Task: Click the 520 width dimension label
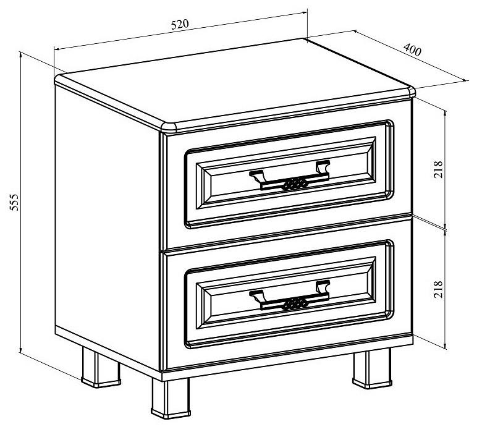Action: pyautogui.click(x=180, y=24)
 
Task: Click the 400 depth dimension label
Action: pyautogui.click(x=412, y=50)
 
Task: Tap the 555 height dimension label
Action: pyautogui.click(x=14, y=202)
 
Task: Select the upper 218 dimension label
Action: pyautogui.click(x=438, y=169)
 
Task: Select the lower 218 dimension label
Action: pyautogui.click(x=438, y=289)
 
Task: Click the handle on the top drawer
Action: pyautogui.click(x=289, y=176)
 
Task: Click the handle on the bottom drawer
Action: pyautogui.click(x=289, y=296)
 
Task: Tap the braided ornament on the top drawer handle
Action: pyautogui.click(x=295, y=184)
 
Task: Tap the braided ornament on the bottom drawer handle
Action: pyautogui.click(x=295, y=304)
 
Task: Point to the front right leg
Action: pyautogui.click(x=372, y=368)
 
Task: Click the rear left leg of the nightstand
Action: pyautogui.click(x=101, y=368)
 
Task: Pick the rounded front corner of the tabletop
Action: pyautogui.click(x=169, y=127)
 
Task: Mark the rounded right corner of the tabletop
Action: pyautogui.click(x=412, y=91)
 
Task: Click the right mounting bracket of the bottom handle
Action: pyautogui.click(x=323, y=287)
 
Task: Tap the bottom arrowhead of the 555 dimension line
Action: pyautogui.click(x=20, y=350)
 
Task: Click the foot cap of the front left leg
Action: pyautogui.click(x=171, y=413)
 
